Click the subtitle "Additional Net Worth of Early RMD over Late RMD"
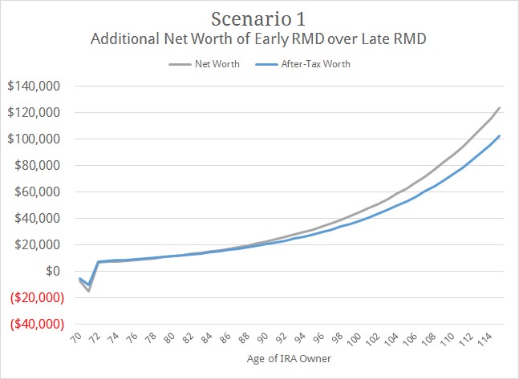point(258,38)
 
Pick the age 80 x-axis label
point(168,341)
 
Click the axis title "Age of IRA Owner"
point(288,360)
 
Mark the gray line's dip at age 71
point(88,290)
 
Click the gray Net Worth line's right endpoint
point(500,107)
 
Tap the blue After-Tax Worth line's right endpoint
point(500,135)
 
